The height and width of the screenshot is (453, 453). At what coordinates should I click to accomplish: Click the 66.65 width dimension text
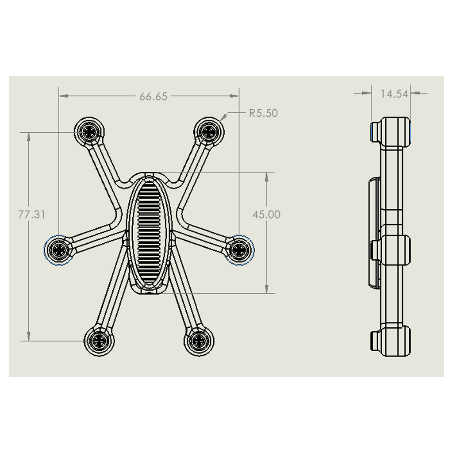point(154,96)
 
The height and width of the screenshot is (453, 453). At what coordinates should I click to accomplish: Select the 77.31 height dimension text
point(32,215)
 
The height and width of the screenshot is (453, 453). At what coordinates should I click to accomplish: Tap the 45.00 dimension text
point(266,215)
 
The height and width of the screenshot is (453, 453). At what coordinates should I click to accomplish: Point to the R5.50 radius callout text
point(263,113)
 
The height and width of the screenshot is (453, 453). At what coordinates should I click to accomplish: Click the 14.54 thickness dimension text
point(394,94)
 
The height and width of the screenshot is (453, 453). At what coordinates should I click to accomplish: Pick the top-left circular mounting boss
point(89,132)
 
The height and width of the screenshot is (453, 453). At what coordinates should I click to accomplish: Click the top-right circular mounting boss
point(209,132)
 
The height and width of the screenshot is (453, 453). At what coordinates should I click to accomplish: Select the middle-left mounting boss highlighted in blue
point(59,250)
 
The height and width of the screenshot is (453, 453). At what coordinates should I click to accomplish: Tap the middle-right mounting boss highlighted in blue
point(239,250)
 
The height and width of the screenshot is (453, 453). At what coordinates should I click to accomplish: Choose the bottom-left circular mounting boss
point(99,341)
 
